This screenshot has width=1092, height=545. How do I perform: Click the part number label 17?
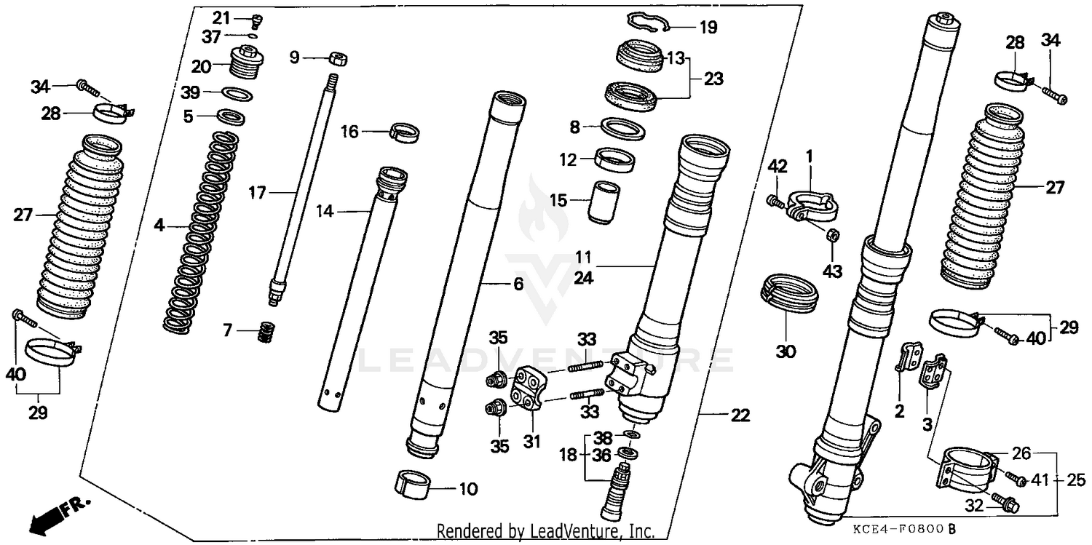(257, 193)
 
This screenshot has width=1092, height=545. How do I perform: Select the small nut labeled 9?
(336, 57)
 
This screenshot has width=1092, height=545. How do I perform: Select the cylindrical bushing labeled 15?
(601, 201)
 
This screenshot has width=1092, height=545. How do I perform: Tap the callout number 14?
(325, 212)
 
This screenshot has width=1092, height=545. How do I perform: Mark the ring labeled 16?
(405, 133)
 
